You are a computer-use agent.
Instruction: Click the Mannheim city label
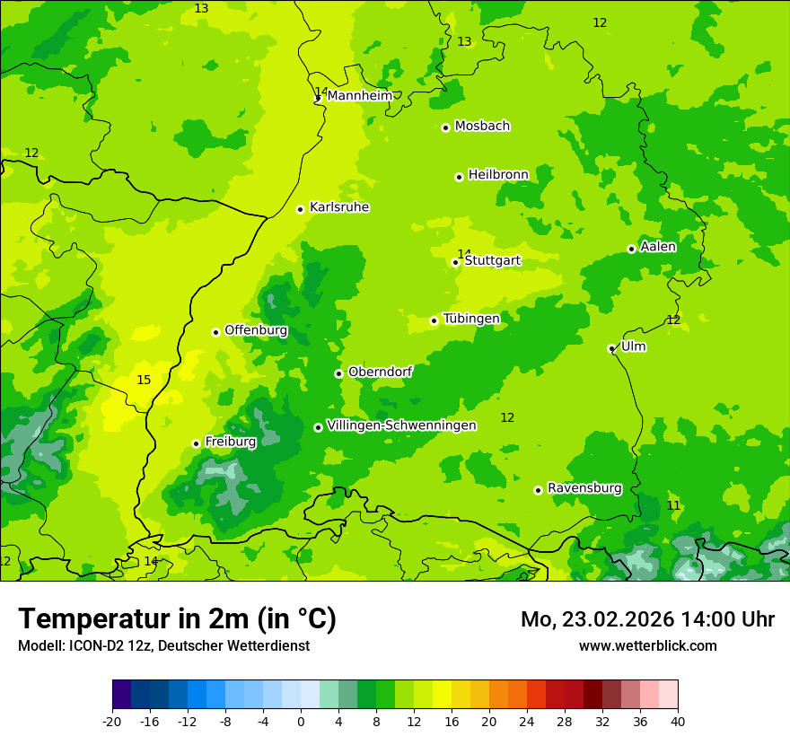click(359, 96)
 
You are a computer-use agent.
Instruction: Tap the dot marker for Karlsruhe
click(301, 209)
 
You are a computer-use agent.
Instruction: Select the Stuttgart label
click(492, 261)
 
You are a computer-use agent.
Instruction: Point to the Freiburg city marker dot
click(196, 443)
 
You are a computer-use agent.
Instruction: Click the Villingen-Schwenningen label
click(401, 425)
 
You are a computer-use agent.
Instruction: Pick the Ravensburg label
click(584, 488)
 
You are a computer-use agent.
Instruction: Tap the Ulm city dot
click(611, 349)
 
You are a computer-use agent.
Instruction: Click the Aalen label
click(658, 247)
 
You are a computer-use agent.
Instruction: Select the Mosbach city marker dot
click(445, 127)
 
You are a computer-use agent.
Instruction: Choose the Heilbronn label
click(498, 175)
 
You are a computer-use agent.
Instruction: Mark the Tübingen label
click(471, 319)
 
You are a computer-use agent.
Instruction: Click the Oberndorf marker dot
click(338, 373)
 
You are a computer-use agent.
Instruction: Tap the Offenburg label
click(256, 330)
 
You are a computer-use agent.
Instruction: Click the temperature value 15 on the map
click(144, 380)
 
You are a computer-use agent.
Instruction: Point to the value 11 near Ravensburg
click(673, 505)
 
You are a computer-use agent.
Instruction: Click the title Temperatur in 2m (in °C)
click(177, 619)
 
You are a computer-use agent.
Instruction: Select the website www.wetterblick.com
click(647, 645)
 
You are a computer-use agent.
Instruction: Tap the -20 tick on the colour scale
click(112, 721)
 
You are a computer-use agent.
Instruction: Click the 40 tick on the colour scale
click(677, 721)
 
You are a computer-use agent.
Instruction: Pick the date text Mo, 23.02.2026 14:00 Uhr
click(647, 619)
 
